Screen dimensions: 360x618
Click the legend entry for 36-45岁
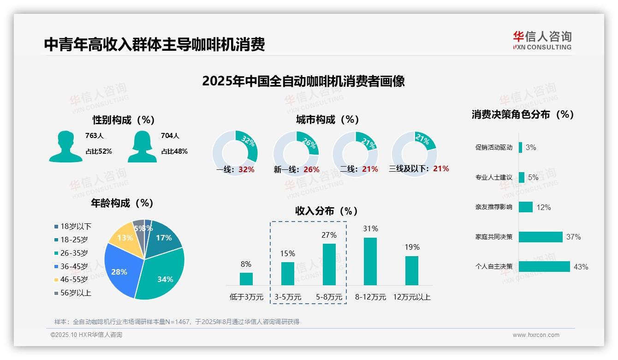click(x=74, y=266)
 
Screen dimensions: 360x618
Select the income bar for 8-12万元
click(x=370, y=261)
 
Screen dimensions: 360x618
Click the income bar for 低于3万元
click(x=246, y=279)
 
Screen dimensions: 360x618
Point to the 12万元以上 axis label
click(x=411, y=297)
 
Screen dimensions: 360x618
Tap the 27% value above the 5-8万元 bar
click(x=329, y=235)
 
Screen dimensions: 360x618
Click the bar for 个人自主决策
click(x=544, y=267)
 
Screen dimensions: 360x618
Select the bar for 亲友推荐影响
click(x=526, y=207)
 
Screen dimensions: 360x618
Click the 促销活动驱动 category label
click(x=493, y=148)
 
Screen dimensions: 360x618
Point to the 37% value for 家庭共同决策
click(x=573, y=237)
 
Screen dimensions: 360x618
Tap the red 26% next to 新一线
click(x=311, y=169)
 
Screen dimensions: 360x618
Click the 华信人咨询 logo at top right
click(x=542, y=40)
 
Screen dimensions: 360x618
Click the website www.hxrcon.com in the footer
click(x=536, y=335)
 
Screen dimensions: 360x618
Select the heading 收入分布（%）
click(x=327, y=211)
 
